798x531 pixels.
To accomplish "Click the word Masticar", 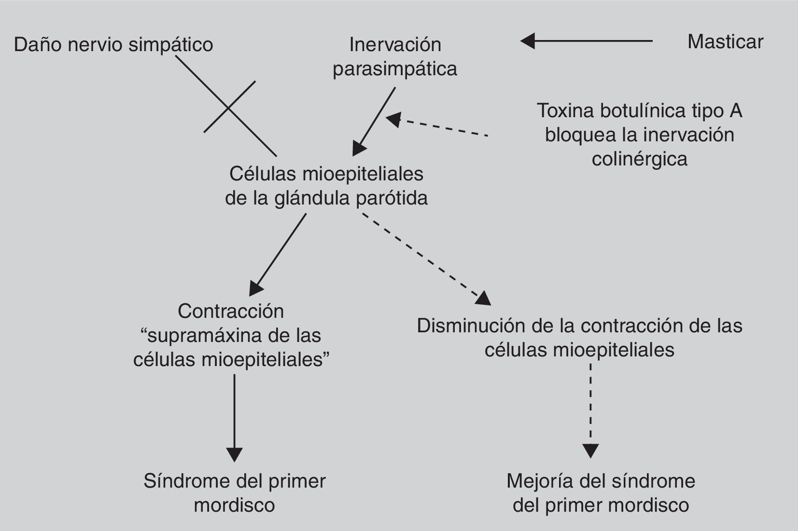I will [725, 42].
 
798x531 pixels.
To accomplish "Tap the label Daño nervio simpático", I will [113, 45].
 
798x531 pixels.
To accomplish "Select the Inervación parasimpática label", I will [395, 56].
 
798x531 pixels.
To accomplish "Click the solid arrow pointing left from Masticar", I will [587, 41].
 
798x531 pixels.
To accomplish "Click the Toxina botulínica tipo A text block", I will [639, 135].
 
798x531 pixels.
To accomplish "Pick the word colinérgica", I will [639, 159].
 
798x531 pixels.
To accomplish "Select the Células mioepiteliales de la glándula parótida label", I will [326, 186].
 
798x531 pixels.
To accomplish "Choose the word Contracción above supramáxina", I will [231, 311].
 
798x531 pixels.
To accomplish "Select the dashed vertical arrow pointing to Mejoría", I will [591, 410].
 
